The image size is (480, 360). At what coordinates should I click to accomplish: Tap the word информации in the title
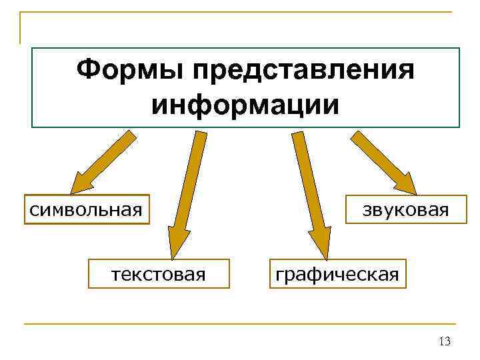pyautogui.click(x=245, y=105)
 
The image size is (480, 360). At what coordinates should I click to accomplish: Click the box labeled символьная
pyautogui.click(x=86, y=210)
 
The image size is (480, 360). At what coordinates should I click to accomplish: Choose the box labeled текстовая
pyautogui.click(x=159, y=273)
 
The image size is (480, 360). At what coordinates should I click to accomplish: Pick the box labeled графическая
pyautogui.click(x=337, y=273)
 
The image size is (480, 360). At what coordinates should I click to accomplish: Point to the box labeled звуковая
pyautogui.click(x=400, y=210)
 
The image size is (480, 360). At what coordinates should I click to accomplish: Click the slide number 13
pyautogui.click(x=445, y=342)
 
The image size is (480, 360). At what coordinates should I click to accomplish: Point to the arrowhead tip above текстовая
pyautogui.click(x=175, y=256)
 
